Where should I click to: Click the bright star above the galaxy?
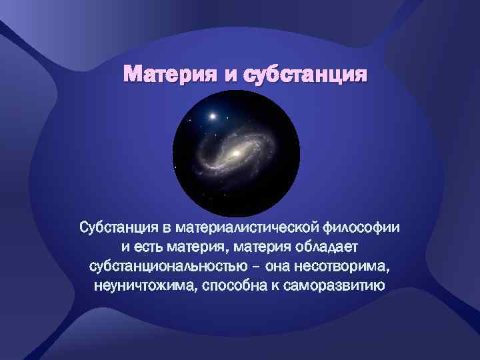click(x=213, y=117)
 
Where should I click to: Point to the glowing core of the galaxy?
click(x=235, y=155)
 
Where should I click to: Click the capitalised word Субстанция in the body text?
click(x=117, y=228)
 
